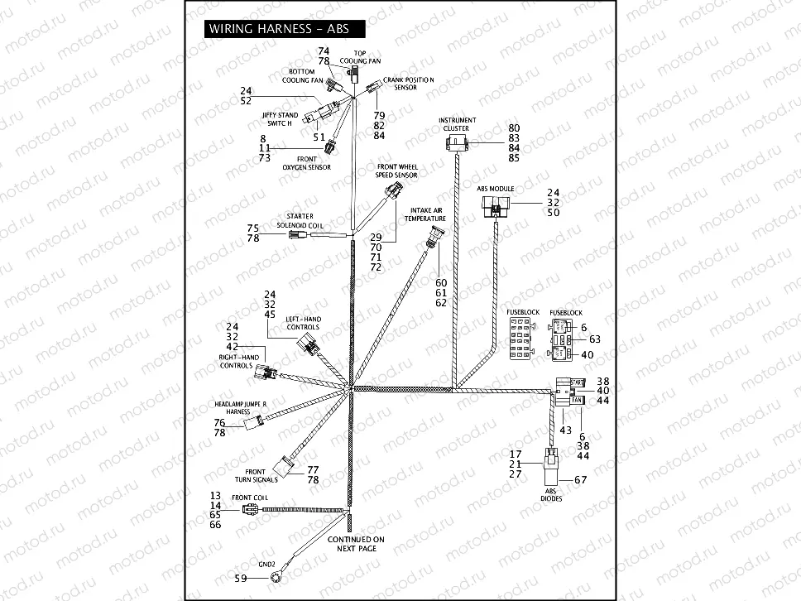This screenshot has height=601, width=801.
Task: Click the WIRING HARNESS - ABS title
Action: (x=278, y=28)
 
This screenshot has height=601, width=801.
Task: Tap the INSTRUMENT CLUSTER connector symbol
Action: (x=456, y=145)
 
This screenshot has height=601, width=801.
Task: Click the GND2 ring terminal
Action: (x=242, y=578)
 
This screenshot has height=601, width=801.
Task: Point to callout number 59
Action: (x=218, y=578)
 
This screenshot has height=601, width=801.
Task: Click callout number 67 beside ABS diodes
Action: (x=580, y=480)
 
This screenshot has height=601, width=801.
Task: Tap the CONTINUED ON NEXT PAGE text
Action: (x=355, y=544)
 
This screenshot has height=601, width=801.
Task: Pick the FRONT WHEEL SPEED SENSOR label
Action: (x=397, y=171)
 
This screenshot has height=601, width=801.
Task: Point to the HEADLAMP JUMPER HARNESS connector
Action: (x=253, y=425)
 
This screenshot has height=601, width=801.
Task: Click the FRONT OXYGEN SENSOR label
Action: (x=306, y=162)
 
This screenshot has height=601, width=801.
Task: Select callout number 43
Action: (x=565, y=430)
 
